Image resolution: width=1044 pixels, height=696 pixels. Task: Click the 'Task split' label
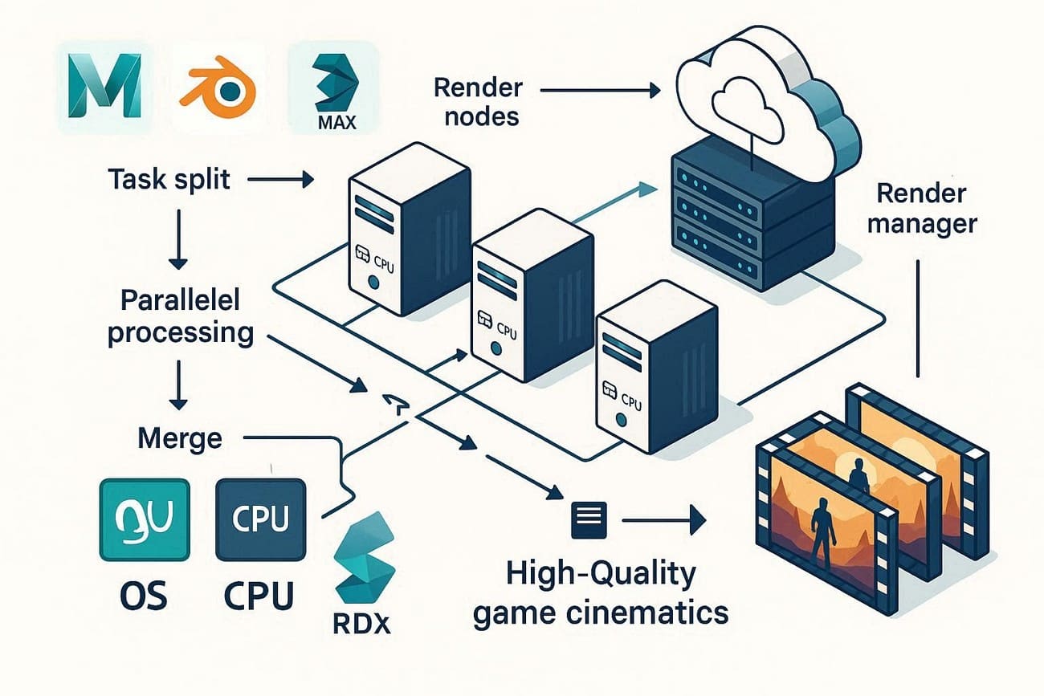[x=169, y=178]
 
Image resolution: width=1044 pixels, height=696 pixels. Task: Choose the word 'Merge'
[x=180, y=438]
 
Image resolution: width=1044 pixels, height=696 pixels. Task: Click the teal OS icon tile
[x=144, y=519]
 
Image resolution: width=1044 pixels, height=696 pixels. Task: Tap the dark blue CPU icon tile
[x=259, y=519]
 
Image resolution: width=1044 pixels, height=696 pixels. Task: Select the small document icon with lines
[x=585, y=523]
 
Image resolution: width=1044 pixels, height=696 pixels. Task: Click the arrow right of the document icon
[x=663, y=523]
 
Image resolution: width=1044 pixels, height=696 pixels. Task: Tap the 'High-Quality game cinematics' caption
[x=601, y=595]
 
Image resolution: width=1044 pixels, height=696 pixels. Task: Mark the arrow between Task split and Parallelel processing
[x=178, y=241]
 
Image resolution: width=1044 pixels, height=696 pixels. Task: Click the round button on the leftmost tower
[x=373, y=283]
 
